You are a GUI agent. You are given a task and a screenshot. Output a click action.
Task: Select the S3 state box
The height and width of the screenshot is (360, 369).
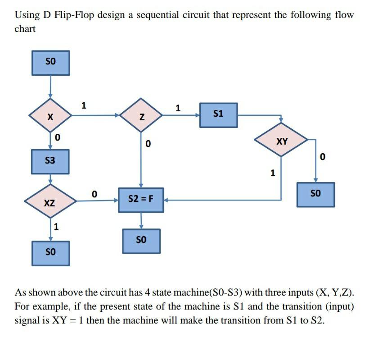(x=50, y=161)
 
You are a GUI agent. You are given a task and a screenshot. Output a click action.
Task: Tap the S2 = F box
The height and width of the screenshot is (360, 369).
(x=141, y=198)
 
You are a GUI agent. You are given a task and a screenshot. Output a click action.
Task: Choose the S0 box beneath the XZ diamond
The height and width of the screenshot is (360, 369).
(x=50, y=253)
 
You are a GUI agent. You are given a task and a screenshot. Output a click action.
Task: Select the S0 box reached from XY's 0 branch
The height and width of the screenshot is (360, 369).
(x=315, y=194)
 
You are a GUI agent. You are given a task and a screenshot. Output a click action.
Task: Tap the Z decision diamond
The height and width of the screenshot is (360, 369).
(x=141, y=116)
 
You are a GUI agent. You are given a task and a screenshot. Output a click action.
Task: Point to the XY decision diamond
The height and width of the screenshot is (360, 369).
(x=282, y=141)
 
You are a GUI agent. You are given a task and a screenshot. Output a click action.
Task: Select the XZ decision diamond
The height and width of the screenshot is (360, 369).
(x=50, y=202)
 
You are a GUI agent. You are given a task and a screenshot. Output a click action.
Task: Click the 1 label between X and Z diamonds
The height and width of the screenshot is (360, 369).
(x=83, y=106)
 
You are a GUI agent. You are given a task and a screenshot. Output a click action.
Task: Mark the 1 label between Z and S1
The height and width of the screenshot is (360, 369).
(x=178, y=108)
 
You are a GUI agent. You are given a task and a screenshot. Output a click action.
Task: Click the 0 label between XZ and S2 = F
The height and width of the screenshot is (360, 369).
(x=94, y=194)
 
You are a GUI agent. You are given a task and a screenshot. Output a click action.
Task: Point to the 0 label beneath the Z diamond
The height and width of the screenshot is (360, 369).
(x=148, y=145)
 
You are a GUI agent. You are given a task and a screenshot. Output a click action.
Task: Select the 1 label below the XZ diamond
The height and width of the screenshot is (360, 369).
(x=56, y=227)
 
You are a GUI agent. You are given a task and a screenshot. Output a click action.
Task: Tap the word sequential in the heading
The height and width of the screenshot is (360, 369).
(x=154, y=15)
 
